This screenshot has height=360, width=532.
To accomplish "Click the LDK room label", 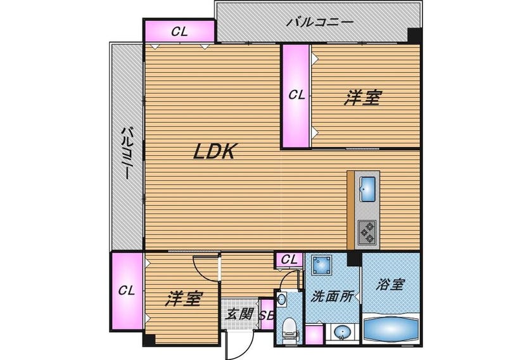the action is coord(214,151).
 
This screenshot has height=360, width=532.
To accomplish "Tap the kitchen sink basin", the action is coord(367,189).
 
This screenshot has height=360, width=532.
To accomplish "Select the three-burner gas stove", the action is coord(367,233).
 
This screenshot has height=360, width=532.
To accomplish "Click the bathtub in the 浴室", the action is coord(391,330).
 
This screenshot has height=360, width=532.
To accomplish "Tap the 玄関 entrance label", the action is coord(239,314).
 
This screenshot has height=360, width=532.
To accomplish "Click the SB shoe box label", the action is coord(267,316).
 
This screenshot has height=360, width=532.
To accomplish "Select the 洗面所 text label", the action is coord(332,297).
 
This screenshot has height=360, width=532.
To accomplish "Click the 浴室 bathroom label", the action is coord(390,285).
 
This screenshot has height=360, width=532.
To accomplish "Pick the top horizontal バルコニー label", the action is coord(320,22).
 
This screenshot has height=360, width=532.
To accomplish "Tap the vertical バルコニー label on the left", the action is coord(127,153).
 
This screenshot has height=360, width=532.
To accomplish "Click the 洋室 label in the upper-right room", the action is coord(363,98).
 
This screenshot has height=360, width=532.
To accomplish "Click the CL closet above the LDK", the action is coord(179,31).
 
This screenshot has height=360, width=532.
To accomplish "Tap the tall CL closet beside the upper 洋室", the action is coord(296,96).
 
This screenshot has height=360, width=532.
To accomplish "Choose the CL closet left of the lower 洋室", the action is coord(127,291).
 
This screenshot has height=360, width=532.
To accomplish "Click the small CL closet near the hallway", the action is coord(289,260).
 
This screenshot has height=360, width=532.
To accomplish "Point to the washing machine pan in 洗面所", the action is coord(321,264).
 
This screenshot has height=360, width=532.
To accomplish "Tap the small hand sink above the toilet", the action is coord(282,299).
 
